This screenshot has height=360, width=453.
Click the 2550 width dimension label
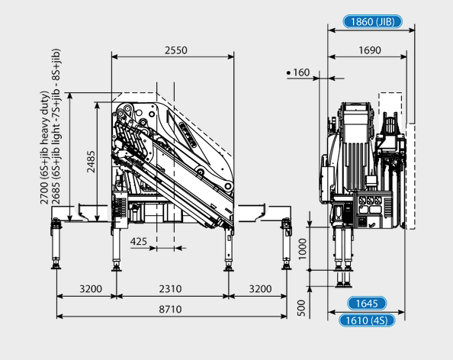(176, 50)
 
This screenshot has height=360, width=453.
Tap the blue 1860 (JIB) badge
(372, 21)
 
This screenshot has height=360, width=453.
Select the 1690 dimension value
(370, 50)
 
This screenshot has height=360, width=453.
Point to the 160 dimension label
(301, 72)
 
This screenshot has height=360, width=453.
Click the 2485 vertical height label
(91, 162)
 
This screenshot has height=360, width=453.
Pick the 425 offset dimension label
(138, 241)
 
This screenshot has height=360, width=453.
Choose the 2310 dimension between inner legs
(171, 288)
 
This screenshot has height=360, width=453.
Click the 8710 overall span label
(171, 309)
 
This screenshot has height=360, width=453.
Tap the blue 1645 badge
(367, 304)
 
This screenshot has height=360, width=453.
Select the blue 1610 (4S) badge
(367, 320)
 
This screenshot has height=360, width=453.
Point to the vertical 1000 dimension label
(302, 249)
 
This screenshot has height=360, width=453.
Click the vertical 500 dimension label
(301, 308)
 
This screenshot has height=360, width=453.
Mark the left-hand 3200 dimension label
(91, 288)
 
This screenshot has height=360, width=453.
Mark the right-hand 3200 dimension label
(260, 288)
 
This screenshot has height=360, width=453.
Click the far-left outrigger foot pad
(56, 266)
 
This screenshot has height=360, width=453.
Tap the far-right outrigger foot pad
(286, 267)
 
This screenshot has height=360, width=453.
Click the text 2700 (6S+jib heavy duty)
(44, 148)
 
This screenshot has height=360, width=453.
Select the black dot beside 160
(288, 72)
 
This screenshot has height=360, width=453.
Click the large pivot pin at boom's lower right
(228, 186)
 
